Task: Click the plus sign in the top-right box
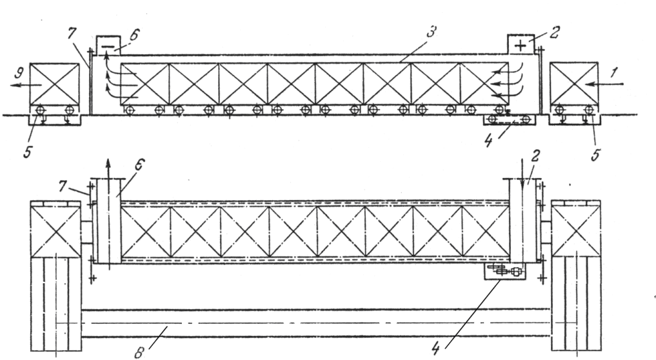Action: [x=520, y=45]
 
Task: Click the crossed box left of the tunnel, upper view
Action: [x=54, y=84]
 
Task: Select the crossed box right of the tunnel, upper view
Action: [x=575, y=84]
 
